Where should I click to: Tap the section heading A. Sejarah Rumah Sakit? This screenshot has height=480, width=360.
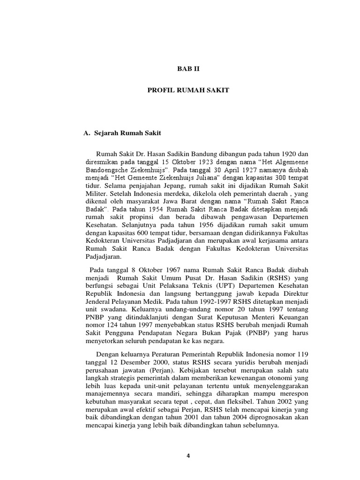121,133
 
